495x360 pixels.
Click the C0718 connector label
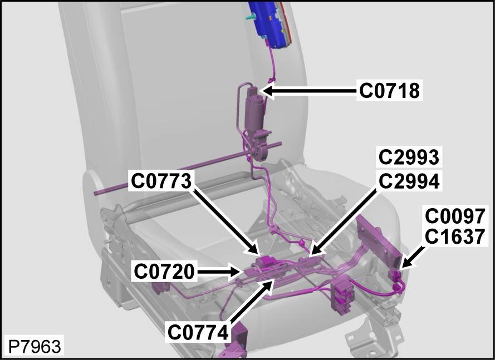tap(390, 91)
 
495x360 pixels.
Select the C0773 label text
tap(161, 181)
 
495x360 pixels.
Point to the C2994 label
tap(409, 181)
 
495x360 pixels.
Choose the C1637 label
tap(455, 236)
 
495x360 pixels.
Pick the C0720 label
tap(164, 272)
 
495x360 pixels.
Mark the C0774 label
tap(198, 332)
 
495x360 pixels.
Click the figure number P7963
tap(35, 347)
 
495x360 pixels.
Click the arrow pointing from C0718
tap(310, 91)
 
